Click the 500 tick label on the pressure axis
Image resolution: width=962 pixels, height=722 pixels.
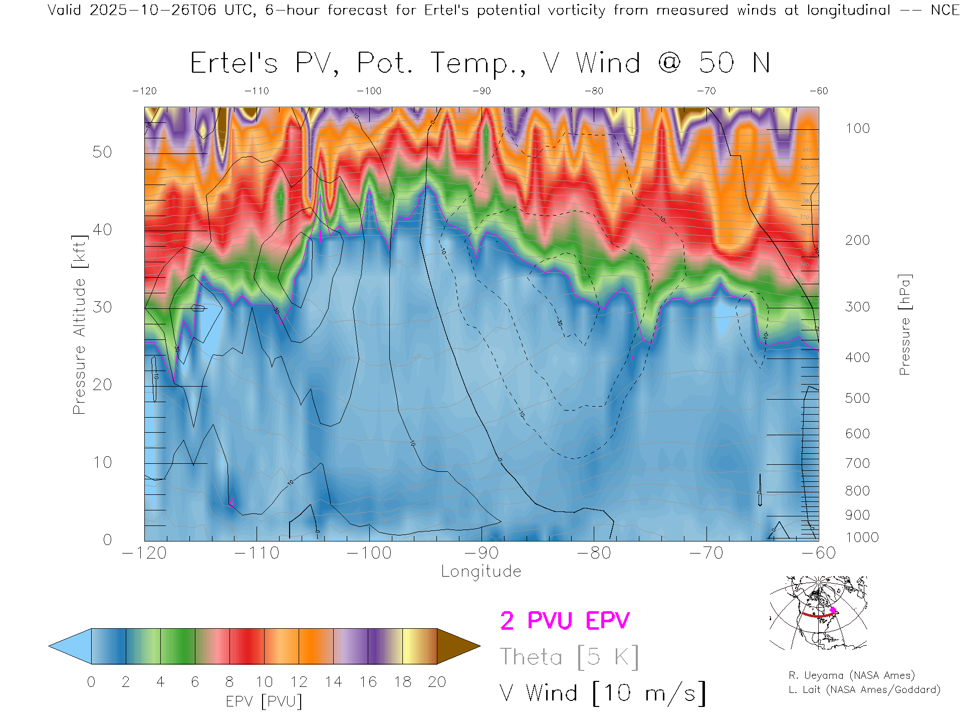pyautogui.click(x=857, y=398)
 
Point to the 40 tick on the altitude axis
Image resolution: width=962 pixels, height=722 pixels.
pyautogui.click(x=102, y=230)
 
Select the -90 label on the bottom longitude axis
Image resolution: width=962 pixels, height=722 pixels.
pyautogui.click(x=482, y=553)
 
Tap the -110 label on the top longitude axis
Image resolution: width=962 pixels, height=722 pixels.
pyautogui.click(x=257, y=91)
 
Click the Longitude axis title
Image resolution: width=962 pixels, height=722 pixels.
pyautogui.click(x=481, y=572)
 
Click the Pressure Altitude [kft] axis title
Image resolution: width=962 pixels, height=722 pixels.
pyautogui.click(x=79, y=325)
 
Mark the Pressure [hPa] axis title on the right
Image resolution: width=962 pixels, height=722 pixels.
pyautogui.click(x=905, y=325)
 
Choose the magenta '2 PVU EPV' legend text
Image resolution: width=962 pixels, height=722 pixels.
pyautogui.click(x=565, y=621)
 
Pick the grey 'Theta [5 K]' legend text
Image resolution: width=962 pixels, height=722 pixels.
pyautogui.click(x=569, y=657)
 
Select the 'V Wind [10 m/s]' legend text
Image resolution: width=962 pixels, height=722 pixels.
pyautogui.click(x=603, y=693)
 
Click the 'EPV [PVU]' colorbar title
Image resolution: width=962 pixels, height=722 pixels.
pyautogui.click(x=264, y=701)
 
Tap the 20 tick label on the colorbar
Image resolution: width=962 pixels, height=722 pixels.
pyautogui.click(x=437, y=682)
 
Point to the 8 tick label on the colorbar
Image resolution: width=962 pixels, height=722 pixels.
pyautogui.click(x=229, y=682)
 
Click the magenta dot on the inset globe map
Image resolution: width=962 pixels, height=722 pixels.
pyautogui.click(x=833, y=610)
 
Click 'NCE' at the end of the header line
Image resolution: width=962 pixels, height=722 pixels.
pyautogui.click(x=945, y=10)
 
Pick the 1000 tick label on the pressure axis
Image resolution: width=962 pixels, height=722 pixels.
pyautogui.click(x=862, y=537)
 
